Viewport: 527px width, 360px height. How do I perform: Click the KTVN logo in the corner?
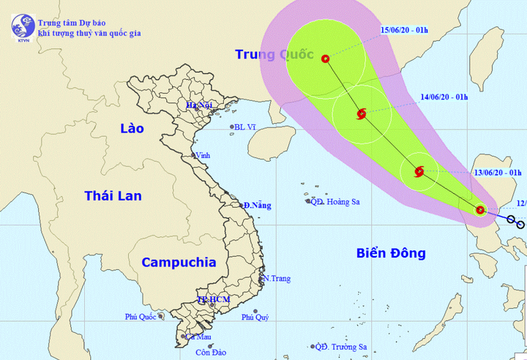click(x=23, y=26)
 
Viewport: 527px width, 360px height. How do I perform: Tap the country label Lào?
click(x=132, y=129)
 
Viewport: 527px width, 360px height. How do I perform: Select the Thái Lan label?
click(x=113, y=195)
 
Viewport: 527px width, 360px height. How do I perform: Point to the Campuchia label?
click(x=179, y=262)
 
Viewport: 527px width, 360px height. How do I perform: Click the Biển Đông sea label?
click(x=391, y=253)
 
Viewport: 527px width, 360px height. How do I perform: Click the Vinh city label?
click(x=203, y=155)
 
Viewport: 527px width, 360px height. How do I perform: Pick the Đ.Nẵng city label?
click(x=257, y=206)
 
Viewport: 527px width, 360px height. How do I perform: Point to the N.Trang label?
click(x=277, y=278)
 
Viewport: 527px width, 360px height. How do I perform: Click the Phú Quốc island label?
click(x=141, y=317)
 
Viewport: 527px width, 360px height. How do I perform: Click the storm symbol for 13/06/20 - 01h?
click(x=419, y=172)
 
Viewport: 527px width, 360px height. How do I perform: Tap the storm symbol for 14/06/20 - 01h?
click(x=361, y=113)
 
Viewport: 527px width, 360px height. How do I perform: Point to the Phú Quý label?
click(x=257, y=317)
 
